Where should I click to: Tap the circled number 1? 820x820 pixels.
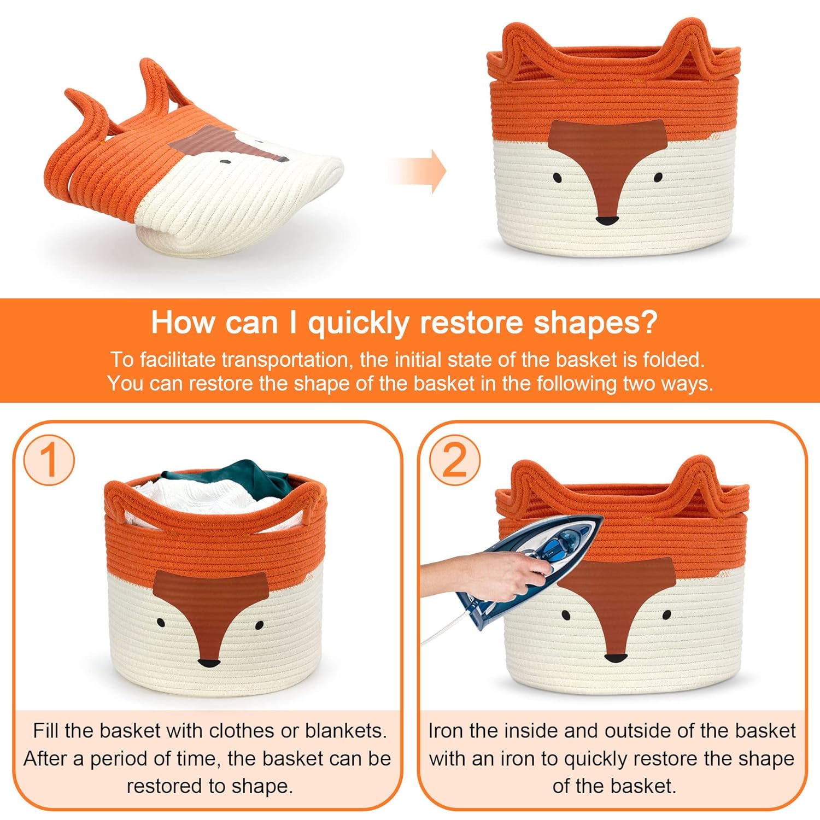point(49,460)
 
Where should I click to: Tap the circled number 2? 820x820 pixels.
point(454,460)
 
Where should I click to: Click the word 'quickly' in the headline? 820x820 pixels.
point(358,323)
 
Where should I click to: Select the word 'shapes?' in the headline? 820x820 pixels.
point(595,324)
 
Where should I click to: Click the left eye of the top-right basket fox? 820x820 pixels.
point(557,178)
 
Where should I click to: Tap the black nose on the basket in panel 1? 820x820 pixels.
point(209,664)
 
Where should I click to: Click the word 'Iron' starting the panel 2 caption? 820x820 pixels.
point(441,731)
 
